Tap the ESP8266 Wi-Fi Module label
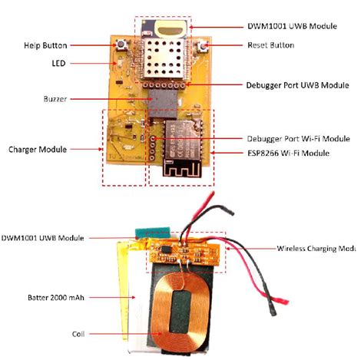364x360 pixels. click(288, 154)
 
